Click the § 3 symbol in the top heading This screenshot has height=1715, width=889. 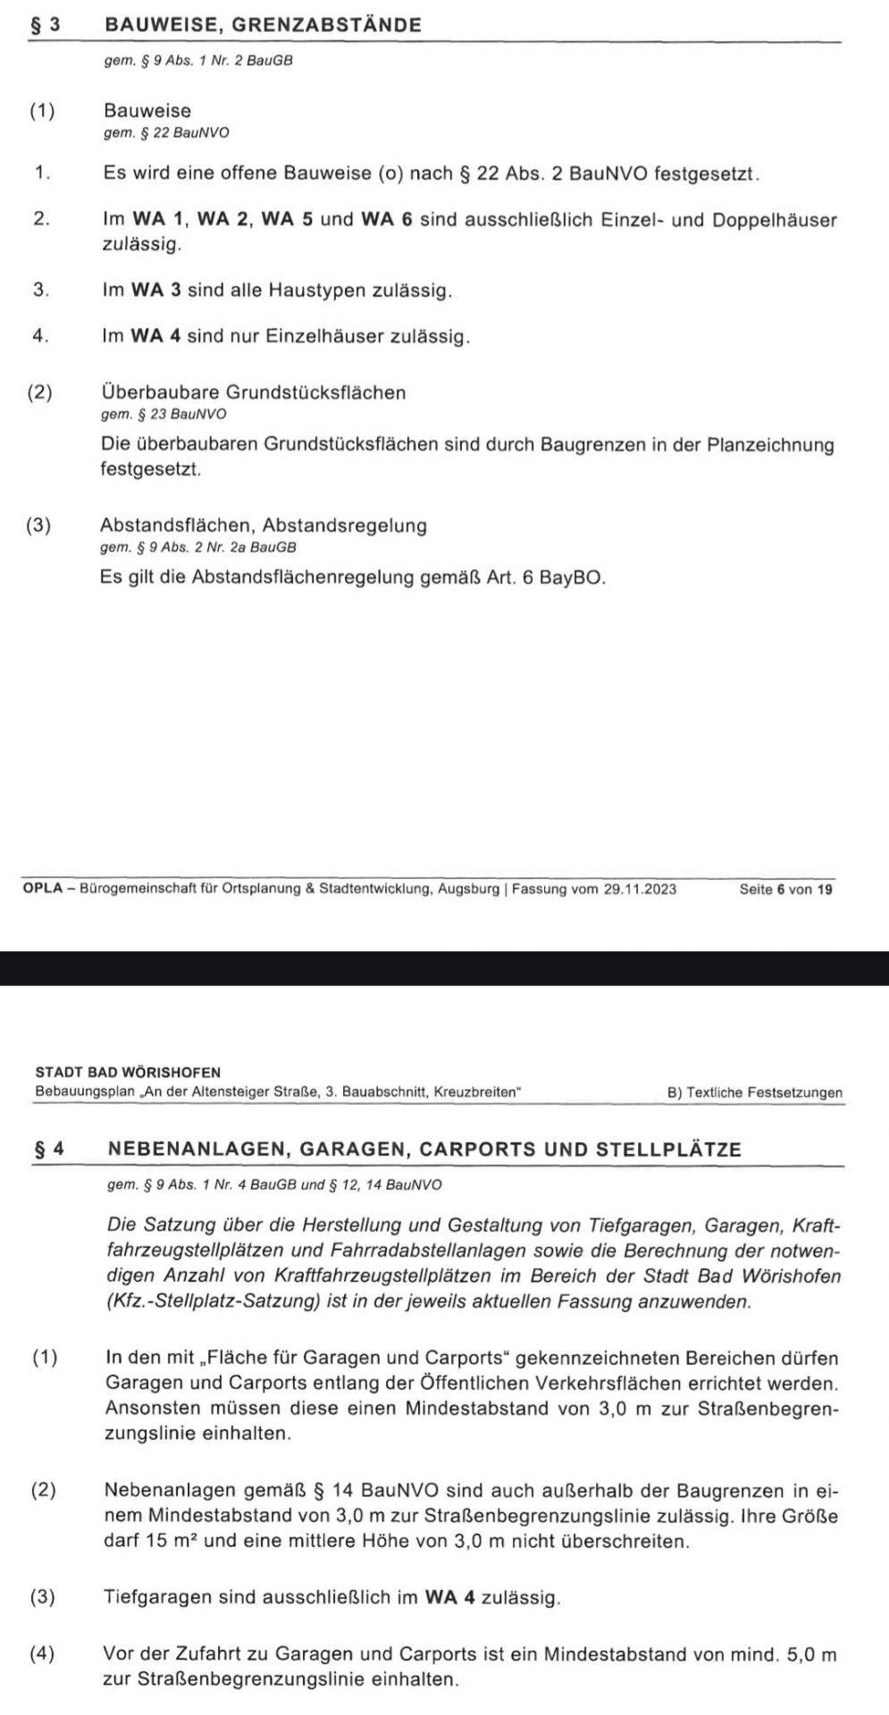pos(44,25)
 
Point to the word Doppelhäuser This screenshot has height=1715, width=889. pos(775,220)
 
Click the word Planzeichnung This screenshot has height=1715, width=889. pos(771,445)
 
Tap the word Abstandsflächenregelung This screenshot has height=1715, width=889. pos(298,577)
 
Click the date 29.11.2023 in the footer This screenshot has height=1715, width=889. pos(641,889)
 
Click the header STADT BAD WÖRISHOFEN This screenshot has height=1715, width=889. pos(128,1072)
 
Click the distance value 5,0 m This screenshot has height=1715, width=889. pos(809,1654)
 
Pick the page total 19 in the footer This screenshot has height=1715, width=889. pos(825,889)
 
